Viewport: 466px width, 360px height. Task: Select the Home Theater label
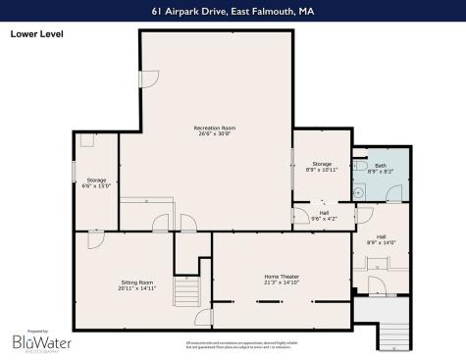tap(282, 280)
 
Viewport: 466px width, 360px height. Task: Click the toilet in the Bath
tap(363, 169)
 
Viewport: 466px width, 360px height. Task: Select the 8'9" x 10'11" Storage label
tap(322, 167)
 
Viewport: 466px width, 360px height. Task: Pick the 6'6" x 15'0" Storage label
tap(96, 183)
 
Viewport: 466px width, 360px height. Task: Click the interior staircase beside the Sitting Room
tap(184, 292)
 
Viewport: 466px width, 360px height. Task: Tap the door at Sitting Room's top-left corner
tap(95, 238)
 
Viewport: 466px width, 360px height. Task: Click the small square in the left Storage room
tap(87, 140)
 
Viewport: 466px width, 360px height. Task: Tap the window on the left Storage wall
tap(75, 169)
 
